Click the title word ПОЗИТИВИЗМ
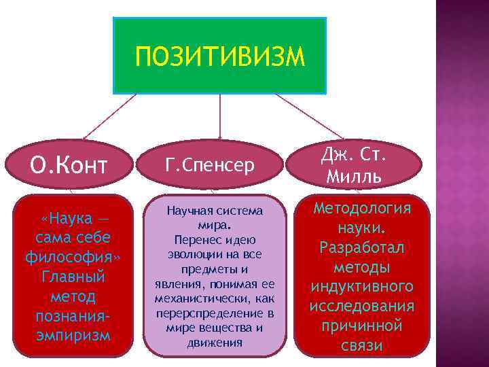tap(220, 56)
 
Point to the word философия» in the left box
tap(73, 259)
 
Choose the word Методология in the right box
tap(362, 208)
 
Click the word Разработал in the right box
tap(362, 247)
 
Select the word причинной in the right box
tap(362, 326)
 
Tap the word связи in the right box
tap(362, 346)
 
